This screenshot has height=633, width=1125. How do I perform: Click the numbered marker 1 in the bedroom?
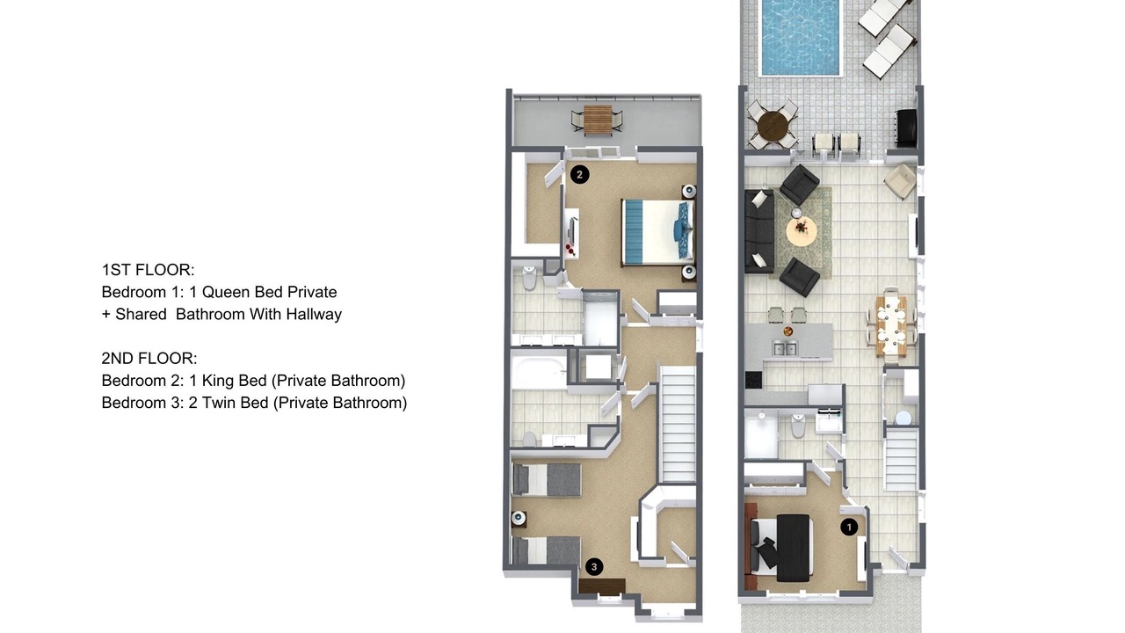849,527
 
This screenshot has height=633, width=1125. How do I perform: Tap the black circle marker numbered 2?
579,175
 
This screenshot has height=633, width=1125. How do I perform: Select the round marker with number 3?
594,567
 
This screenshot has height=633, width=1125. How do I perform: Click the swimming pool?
800,38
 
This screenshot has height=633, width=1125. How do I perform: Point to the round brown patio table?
772,126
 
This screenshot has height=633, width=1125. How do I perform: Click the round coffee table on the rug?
801,232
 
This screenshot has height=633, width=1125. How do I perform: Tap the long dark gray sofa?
759,231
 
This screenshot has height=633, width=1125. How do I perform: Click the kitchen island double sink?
785,347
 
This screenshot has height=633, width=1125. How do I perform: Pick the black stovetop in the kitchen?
753,379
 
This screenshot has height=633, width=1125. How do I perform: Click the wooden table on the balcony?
598,120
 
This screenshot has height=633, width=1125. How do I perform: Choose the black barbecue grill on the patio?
905,128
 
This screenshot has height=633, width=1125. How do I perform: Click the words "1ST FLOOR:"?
149,270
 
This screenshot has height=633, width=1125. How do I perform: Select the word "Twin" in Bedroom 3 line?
219,403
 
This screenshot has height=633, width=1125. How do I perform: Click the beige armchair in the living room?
900,181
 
